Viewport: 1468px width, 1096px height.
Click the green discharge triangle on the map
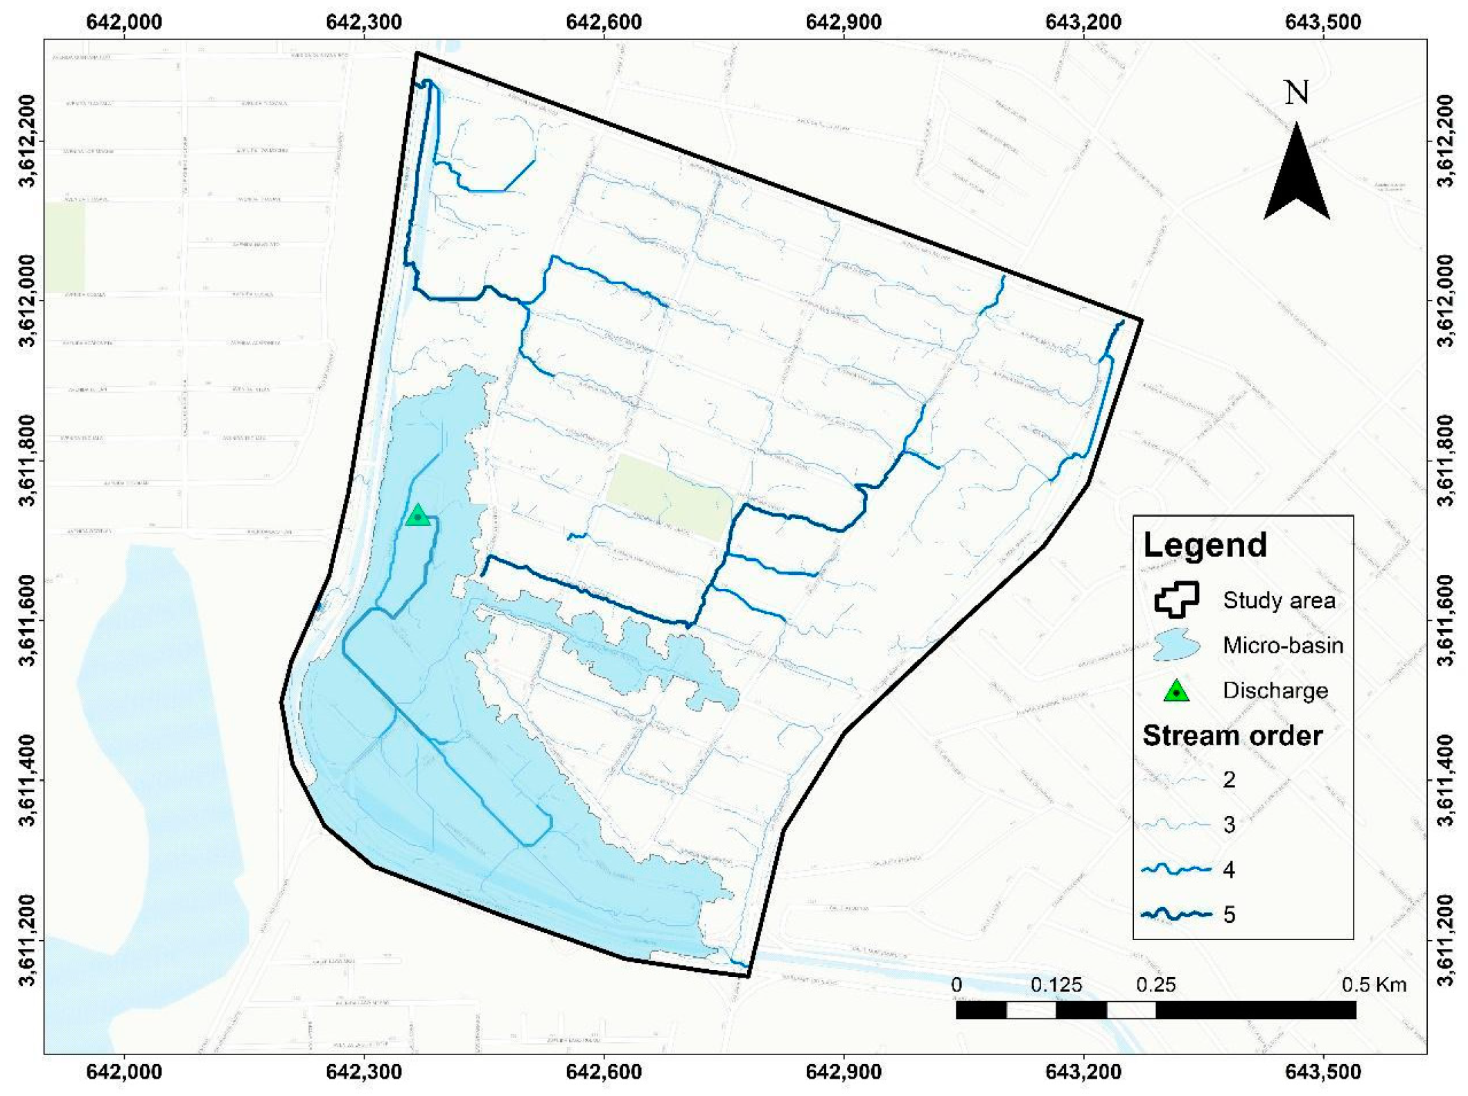(417, 516)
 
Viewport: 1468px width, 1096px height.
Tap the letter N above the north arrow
(1296, 93)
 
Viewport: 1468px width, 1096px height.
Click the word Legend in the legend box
(1205, 545)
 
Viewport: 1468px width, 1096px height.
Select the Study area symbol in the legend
(1176, 599)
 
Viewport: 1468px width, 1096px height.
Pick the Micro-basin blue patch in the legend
(1176, 645)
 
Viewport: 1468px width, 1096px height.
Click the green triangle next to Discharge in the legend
(1176, 691)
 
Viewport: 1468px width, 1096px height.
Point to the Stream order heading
(1232, 736)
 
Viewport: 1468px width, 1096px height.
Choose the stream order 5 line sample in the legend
(1176, 914)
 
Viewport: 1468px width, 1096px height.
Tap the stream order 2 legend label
(1229, 780)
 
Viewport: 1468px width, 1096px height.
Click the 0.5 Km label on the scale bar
(1374, 985)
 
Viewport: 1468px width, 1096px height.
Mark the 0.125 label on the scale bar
(1056, 985)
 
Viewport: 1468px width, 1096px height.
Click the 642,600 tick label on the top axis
(603, 22)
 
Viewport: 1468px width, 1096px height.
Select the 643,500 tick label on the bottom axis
(1322, 1072)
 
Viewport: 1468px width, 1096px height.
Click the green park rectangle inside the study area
(669, 495)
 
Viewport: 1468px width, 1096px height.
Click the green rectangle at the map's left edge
(65, 247)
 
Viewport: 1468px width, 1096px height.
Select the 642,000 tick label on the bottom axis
(124, 1072)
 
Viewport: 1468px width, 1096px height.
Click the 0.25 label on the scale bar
(1155, 985)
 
